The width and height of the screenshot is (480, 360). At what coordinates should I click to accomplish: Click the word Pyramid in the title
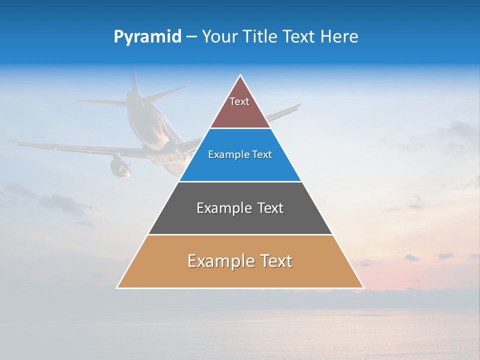coord(147,36)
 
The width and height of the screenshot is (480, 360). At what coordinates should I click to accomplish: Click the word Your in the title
coord(219,36)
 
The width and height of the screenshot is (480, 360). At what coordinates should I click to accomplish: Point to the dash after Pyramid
coord(191,37)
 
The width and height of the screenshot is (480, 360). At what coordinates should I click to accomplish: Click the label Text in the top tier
coord(239,101)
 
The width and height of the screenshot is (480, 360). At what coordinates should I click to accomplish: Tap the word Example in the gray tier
coord(218,208)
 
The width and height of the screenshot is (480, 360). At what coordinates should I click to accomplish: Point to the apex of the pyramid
coord(240,75)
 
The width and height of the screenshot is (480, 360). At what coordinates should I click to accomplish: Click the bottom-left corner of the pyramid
coord(117,287)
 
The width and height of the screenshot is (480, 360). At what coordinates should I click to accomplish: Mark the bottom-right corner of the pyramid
coord(363,287)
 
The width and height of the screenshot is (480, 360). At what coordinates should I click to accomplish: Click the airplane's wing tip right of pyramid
coord(299,105)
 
